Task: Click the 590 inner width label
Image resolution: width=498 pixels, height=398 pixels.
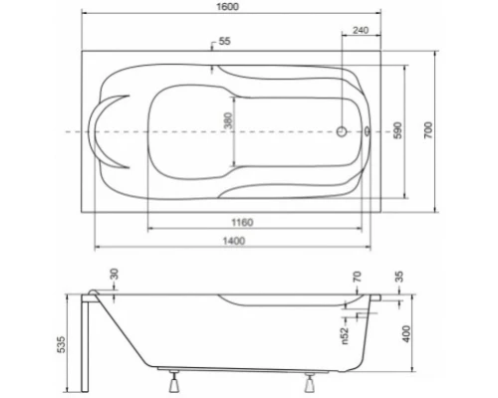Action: (396, 130)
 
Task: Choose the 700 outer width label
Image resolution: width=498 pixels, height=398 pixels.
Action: (429, 130)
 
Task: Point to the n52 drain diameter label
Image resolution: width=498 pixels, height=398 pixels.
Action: (345, 338)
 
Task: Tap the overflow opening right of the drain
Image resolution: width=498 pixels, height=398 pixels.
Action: (370, 130)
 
